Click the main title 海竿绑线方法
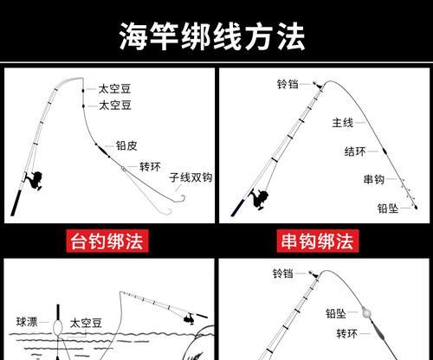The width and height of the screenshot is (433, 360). pyautogui.click(x=212, y=36)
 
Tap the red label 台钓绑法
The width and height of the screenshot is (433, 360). pyautogui.click(x=107, y=241)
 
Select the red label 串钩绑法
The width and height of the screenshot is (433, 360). pyautogui.click(x=318, y=241)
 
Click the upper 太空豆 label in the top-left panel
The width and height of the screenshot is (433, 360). pyautogui.click(x=114, y=89)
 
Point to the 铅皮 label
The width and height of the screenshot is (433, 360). pyautogui.click(x=126, y=145)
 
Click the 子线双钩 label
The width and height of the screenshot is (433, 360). pyautogui.click(x=191, y=177)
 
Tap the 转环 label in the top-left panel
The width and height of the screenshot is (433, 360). pyautogui.click(x=150, y=167)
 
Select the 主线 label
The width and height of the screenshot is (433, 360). pyautogui.click(x=343, y=123)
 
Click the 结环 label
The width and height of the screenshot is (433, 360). pyautogui.click(x=355, y=151)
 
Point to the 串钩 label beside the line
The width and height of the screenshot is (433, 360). pyautogui.click(x=374, y=179)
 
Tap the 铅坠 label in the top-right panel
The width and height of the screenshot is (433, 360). pyautogui.click(x=388, y=209)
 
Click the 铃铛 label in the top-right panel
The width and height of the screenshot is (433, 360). pyautogui.click(x=288, y=84)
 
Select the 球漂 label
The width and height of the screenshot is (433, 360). pyautogui.click(x=27, y=322)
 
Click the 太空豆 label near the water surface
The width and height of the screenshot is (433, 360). pyautogui.click(x=86, y=323)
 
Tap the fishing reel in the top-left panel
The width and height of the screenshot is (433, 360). pyautogui.click(x=36, y=180)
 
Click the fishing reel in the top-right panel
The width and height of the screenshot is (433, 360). pyautogui.click(x=260, y=198)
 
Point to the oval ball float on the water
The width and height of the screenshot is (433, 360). pyautogui.click(x=58, y=327)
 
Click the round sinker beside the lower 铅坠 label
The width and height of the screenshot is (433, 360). pyautogui.click(x=365, y=312)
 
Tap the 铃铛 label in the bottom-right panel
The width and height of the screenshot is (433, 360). pyautogui.click(x=283, y=273)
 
